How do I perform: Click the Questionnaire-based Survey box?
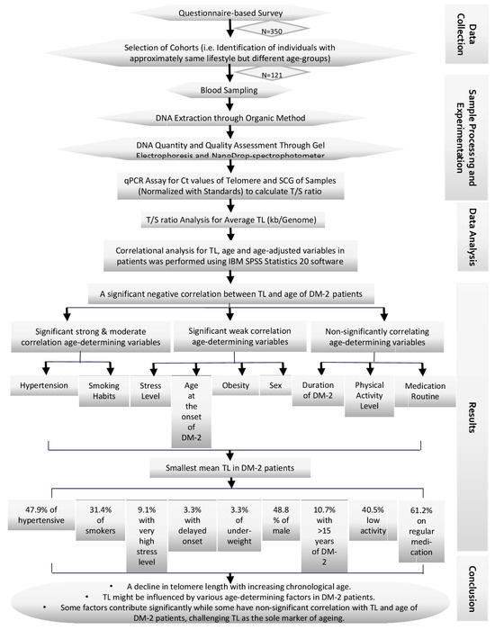(x=231, y=11)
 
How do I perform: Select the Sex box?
(x=274, y=385)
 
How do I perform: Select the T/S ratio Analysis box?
(x=231, y=220)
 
